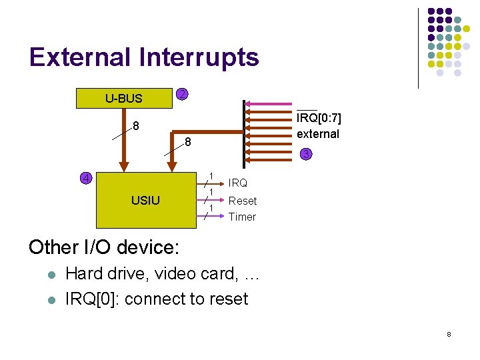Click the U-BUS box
pos(124,99)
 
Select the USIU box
pos(145,199)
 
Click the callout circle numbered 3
pos(305,155)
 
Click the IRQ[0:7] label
pos(319,119)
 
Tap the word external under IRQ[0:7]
pos(318,134)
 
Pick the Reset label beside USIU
pos(242,201)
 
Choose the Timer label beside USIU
pos(242,217)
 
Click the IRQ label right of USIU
pos(237,183)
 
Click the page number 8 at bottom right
pos(449,333)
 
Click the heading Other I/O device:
pos(103,247)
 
